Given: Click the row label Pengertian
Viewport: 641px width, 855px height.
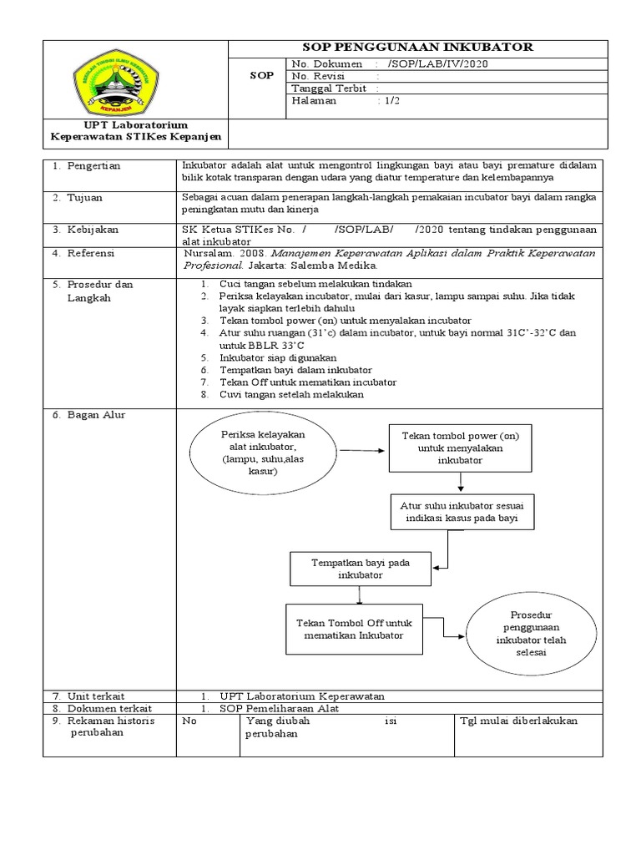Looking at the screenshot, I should [x=93, y=165].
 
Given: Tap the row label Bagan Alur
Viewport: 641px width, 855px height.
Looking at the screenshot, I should [x=93, y=415].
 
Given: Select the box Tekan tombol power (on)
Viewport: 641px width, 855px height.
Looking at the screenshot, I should [x=461, y=448].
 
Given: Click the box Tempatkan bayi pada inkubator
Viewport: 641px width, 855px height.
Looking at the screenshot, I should [x=360, y=569].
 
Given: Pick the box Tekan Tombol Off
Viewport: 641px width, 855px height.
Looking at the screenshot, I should [x=361, y=629].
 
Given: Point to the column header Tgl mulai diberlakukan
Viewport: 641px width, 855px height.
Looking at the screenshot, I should [x=519, y=721].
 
